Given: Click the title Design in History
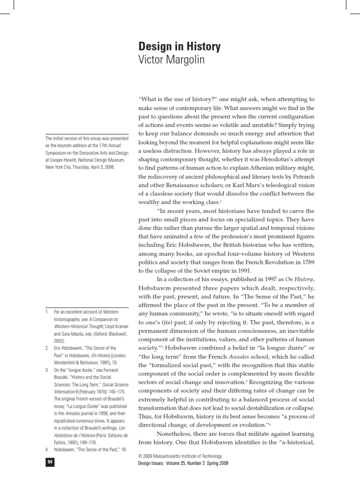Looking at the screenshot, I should pyautogui.click(x=179, y=47).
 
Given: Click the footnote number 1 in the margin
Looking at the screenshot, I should pyautogui.click(x=47, y=312).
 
